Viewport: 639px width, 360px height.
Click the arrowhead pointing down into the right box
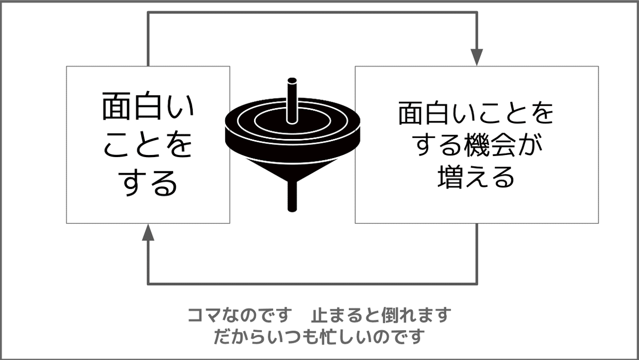[477, 58]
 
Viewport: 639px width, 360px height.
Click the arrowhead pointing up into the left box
[148, 232]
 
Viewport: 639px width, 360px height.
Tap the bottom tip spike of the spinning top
[292, 197]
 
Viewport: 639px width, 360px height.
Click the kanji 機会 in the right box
[489, 146]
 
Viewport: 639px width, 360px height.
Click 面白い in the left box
[148, 105]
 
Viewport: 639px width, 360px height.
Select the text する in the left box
[148, 183]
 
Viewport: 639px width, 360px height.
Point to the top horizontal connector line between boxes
[313, 12]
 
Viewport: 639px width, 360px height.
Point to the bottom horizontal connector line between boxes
[313, 284]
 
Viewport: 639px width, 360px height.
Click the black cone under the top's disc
[292, 169]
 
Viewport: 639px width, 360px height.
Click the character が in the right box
[528, 146]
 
